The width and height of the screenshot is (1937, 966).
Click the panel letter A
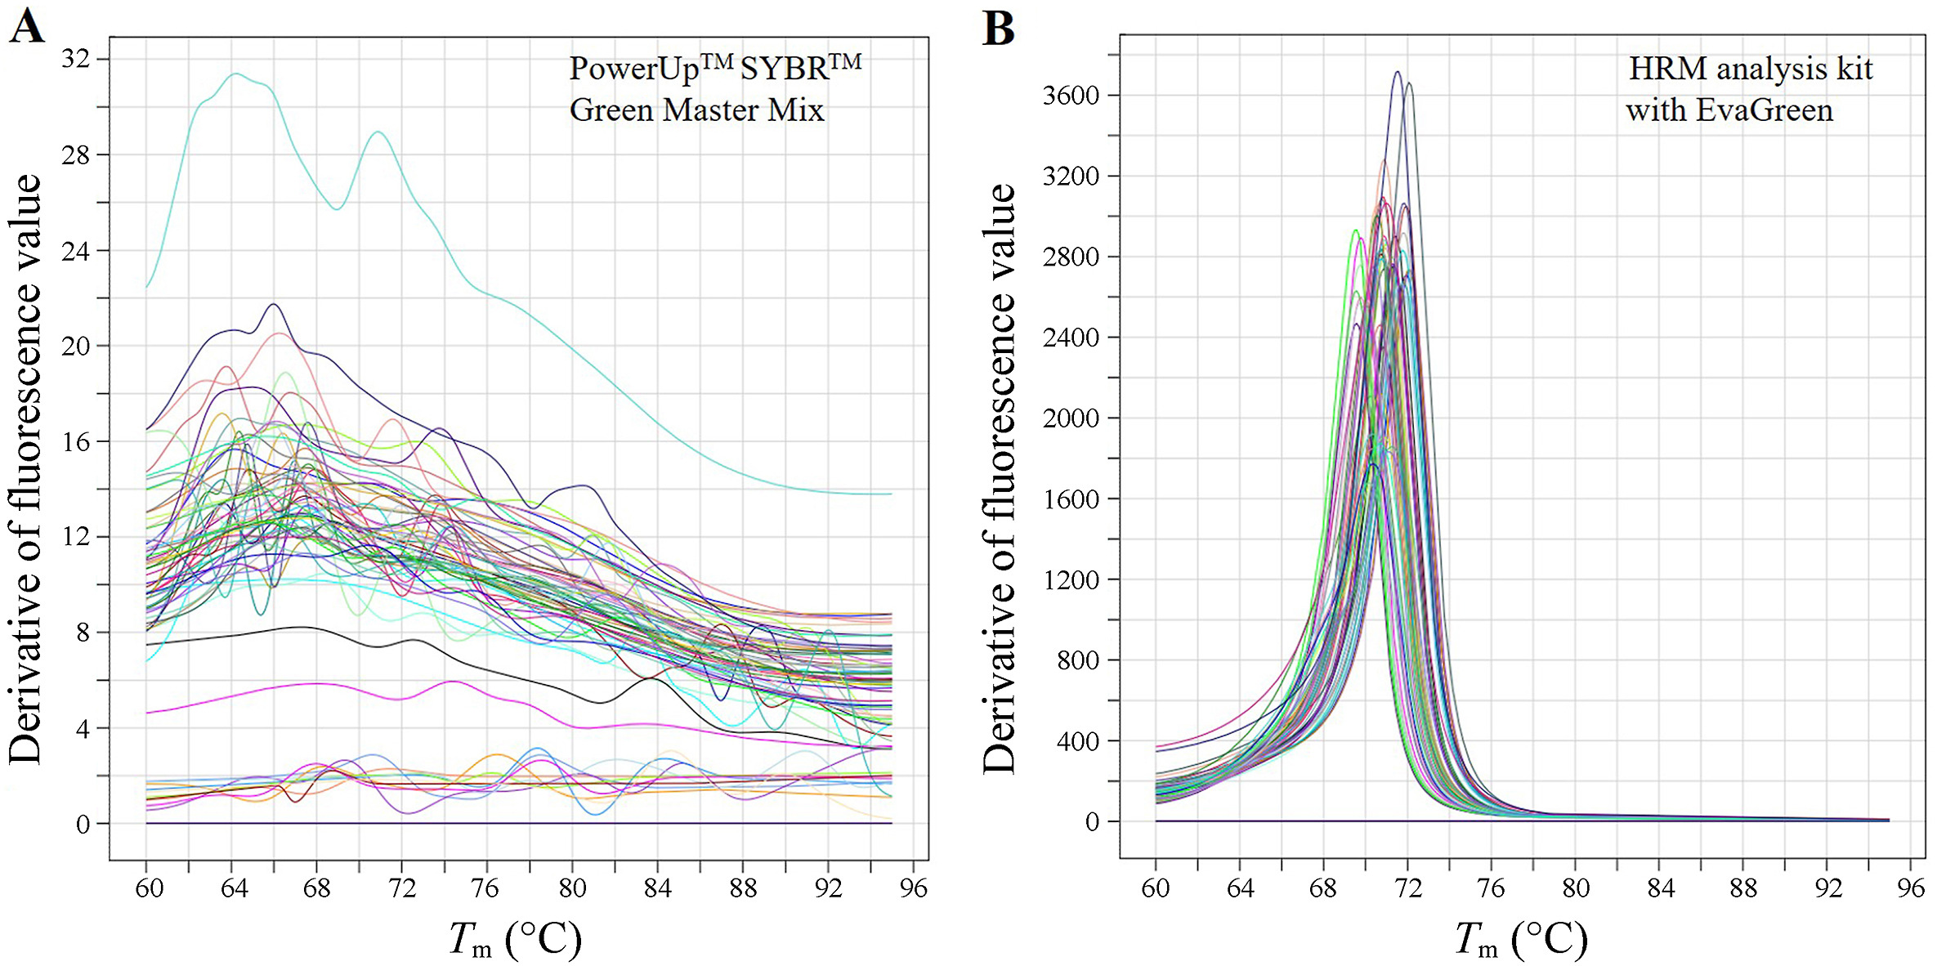tap(26, 26)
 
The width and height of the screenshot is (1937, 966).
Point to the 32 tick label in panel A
tap(75, 59)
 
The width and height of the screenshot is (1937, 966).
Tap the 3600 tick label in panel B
tap(1071, 96)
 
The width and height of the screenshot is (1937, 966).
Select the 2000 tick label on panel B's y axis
tap(1071, 418)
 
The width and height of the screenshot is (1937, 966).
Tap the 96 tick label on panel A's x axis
tap(913, 888)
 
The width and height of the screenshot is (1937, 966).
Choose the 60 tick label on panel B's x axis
tap(1156, 888)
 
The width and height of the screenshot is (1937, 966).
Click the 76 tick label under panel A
tap(485, 888)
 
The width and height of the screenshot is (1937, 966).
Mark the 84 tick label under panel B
tap(1660, 888)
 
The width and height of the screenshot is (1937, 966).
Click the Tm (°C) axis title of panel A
tap(515, 940)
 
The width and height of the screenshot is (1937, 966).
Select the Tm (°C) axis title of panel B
tap(1521, 940)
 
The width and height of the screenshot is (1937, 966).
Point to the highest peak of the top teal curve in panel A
tap(236, 74)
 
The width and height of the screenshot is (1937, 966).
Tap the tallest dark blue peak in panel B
tap(1398, 72)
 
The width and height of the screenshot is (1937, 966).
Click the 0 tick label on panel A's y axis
tap(83, 824)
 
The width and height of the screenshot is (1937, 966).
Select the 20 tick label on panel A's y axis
tap(75, 346)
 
